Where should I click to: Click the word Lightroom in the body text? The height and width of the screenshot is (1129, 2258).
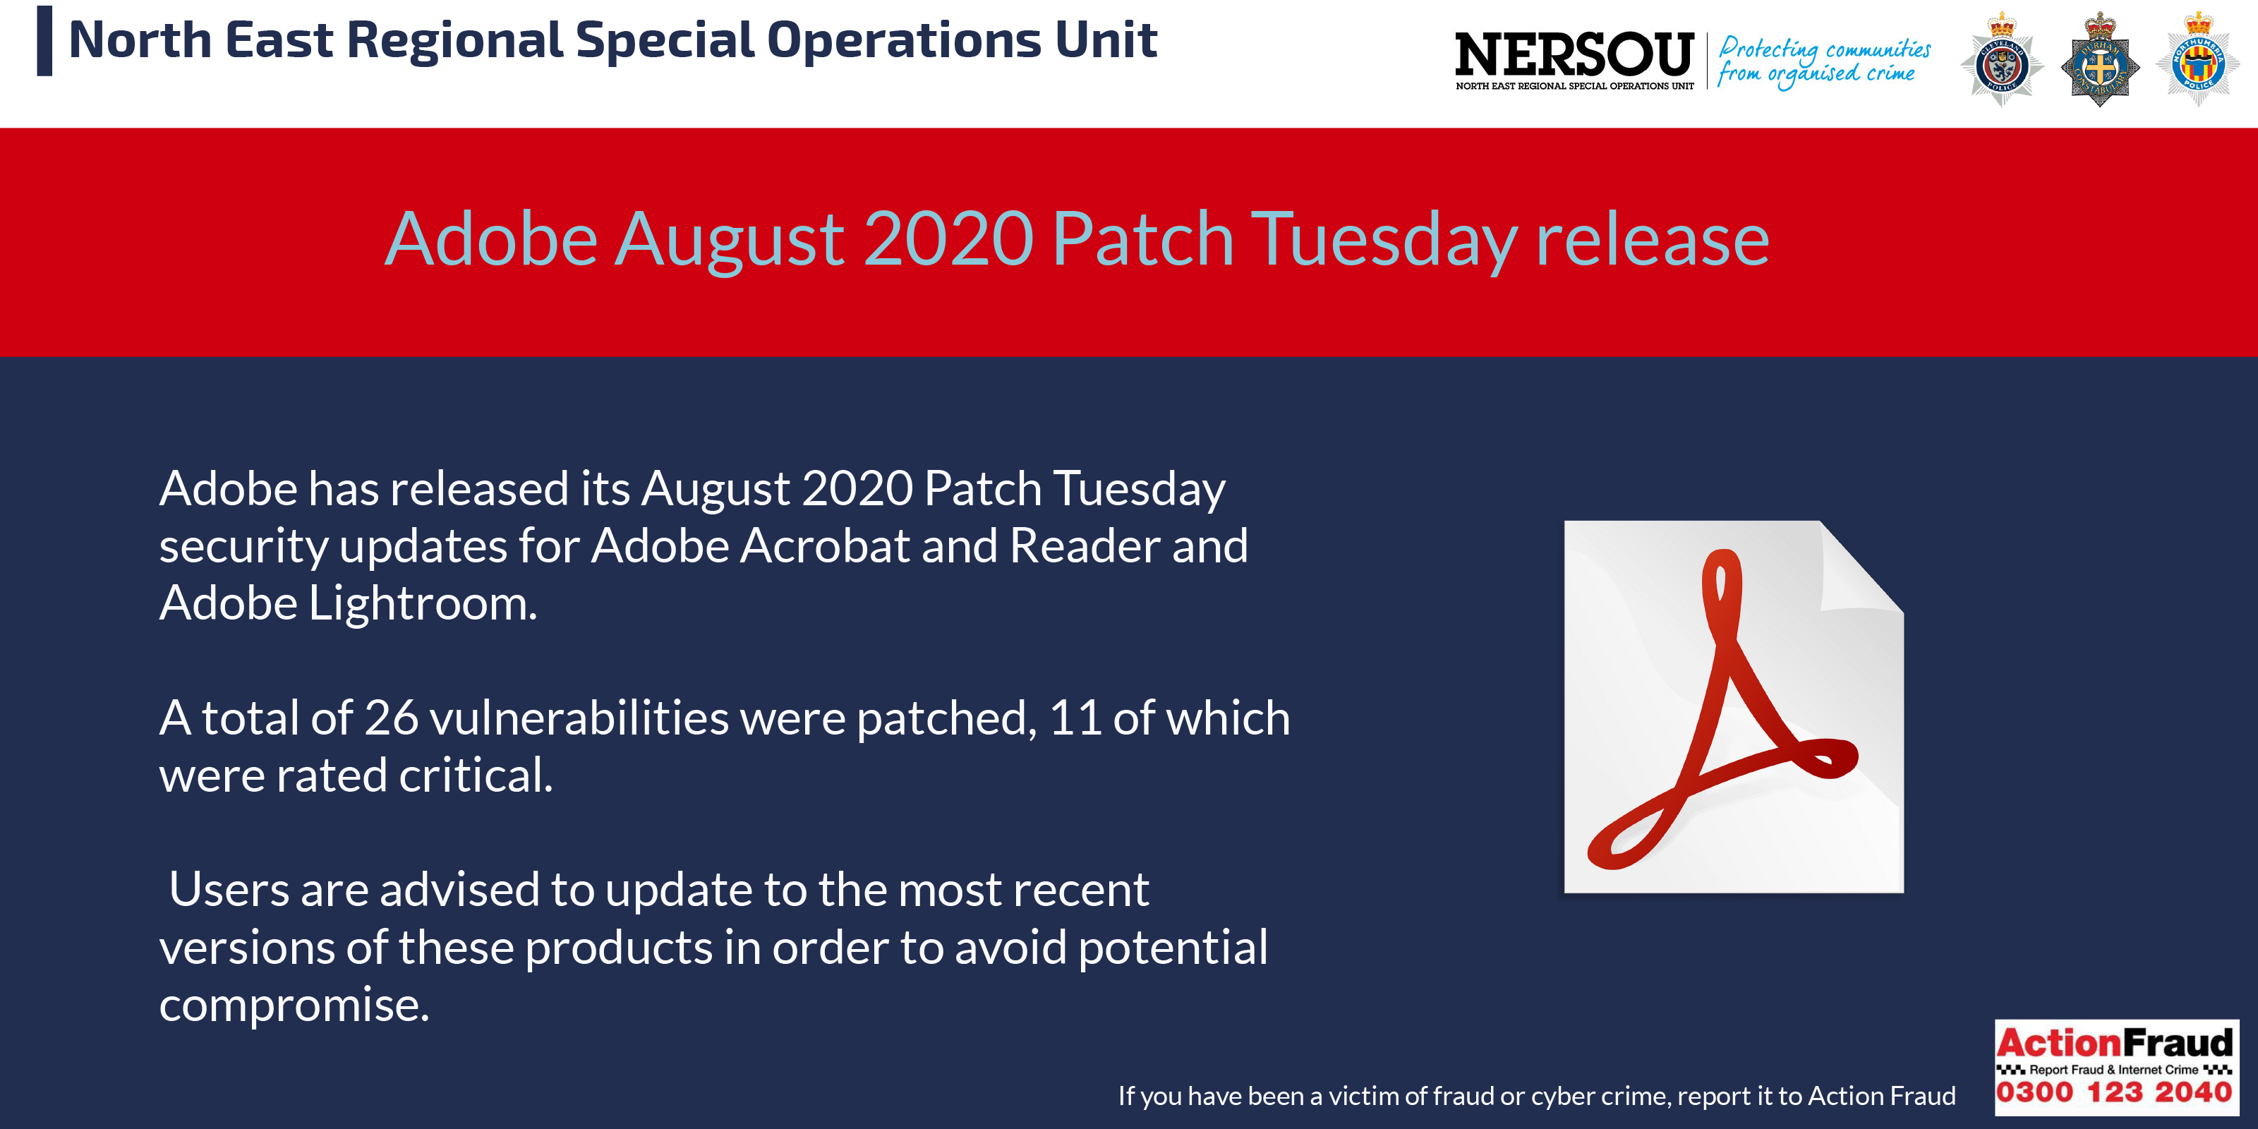(x=423, y=605)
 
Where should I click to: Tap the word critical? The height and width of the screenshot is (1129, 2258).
(x=476, y=775)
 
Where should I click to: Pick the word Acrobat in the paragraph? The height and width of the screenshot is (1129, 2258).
(x=825, y=546)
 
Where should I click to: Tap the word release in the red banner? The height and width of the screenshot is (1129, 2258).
(x=1653, y=239)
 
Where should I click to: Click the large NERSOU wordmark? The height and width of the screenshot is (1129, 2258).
(x=1574, y=54)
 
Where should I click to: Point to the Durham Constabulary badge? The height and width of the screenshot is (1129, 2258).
(x=2099, y=59)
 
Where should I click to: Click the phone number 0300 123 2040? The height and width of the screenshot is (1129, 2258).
(x=2114, y=1092)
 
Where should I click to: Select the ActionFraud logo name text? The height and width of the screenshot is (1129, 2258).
(x=2114, y=1042)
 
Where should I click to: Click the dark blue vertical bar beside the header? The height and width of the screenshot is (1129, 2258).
(x=44, y=40)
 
